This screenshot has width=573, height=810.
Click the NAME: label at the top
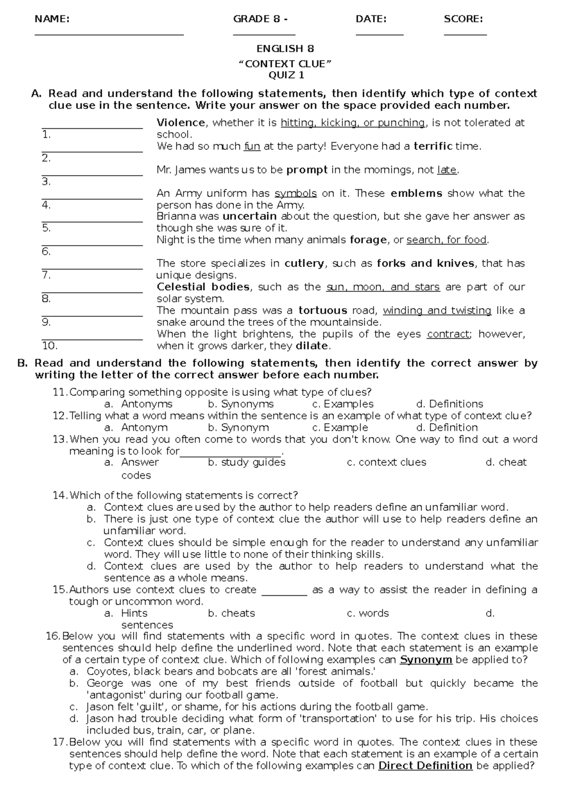click(52, 19)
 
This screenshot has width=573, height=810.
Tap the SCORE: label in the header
click(463, 19)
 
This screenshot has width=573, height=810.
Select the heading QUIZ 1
click(286, 75)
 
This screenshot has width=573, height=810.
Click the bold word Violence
click(181, 123)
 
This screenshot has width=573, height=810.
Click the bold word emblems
click(416, 193)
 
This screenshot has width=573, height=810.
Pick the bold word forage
click(368, 240)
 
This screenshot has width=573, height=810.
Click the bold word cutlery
click(304, 263)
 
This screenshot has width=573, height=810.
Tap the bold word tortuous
click(323, 311)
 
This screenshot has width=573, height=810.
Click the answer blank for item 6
click(92, 245)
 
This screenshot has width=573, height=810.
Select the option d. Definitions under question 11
click(449, 404)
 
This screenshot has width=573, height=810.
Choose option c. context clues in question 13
click(386, 462)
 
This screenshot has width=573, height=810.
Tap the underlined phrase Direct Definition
click(425, 766)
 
